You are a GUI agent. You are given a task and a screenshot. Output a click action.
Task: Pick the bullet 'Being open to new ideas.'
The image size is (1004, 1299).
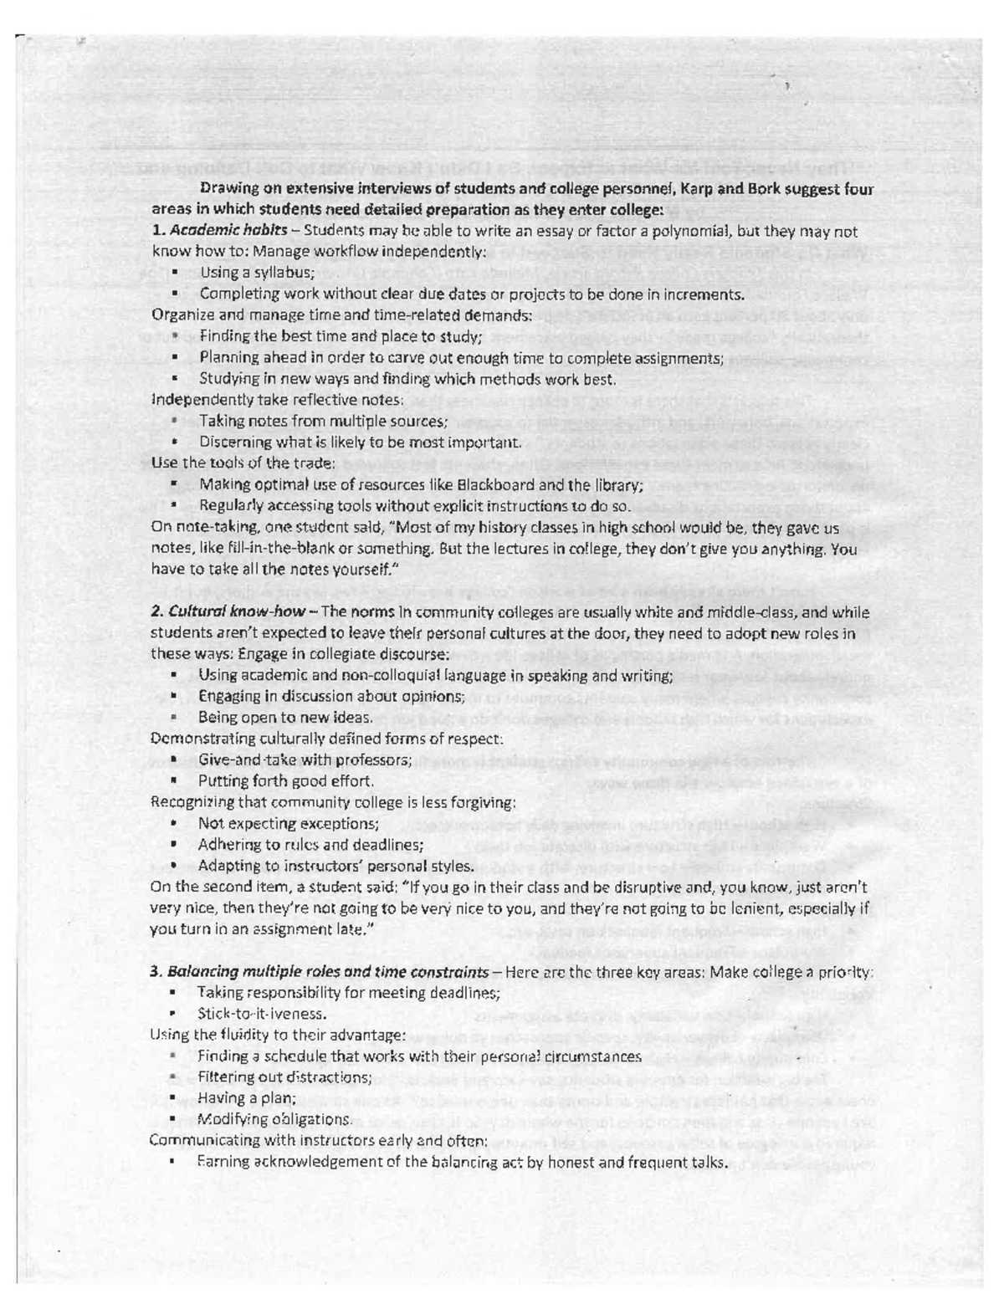284,718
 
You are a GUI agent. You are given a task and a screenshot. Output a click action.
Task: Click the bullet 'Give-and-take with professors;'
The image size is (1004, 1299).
305,759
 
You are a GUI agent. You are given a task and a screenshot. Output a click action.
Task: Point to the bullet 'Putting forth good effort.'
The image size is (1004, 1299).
285,780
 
